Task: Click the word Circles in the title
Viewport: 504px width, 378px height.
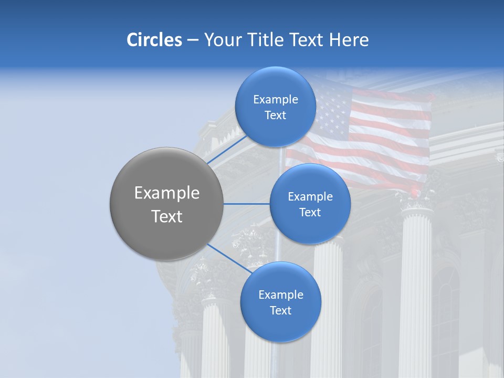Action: (x=154, y=40)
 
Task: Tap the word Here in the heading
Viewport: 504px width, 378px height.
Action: (x=349, y=40)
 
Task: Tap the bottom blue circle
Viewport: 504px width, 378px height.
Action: (x=280, y=328)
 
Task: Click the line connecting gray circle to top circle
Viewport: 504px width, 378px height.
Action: (x=227, y=149)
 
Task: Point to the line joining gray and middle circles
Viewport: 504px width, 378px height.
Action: (x=247, y=204)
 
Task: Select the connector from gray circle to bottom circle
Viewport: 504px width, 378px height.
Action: (x=229, y=259)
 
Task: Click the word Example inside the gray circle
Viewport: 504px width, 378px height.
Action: (x=167, y=193)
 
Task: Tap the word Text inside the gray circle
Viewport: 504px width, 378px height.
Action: (x=167, y=216)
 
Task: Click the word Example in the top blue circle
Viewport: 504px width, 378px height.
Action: (x=276, y=100)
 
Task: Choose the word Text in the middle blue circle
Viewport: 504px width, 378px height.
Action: (x=310, y=212)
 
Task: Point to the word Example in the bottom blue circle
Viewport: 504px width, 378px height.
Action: (x=280, y=295)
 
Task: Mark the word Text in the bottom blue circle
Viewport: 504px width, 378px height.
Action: (x=280, y=310)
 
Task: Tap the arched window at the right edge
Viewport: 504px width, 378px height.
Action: (x=445, y=315)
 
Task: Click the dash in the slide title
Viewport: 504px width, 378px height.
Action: (x=193, y=40)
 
